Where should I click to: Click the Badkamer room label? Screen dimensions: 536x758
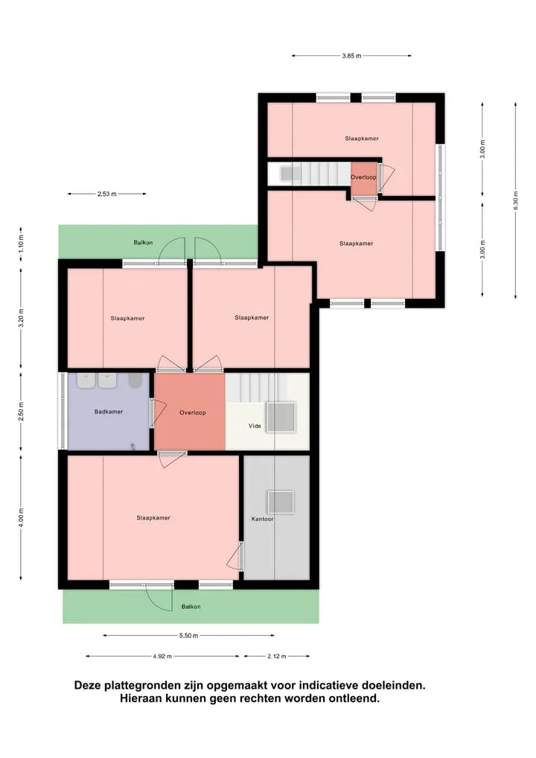pos(109,412)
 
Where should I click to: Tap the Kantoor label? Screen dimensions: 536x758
pos(262,519)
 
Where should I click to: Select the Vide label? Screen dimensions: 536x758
pos(255,426)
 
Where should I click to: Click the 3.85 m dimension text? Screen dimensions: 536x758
pos(351,56)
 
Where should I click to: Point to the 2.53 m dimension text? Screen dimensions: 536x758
pos(106,194)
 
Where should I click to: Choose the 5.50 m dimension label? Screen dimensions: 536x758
pos(189,636)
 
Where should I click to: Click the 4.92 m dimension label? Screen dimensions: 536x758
pos(162,657)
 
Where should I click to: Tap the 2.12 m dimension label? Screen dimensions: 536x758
pos(277,657)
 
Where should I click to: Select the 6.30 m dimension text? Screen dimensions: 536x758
pos(516,200)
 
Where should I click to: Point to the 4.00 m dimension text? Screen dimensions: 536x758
pos(21,517)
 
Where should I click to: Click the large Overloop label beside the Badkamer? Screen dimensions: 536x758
pos(193,413)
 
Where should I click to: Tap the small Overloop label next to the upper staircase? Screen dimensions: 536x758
pos(363,177)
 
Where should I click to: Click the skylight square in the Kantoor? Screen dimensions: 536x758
pos(281,502)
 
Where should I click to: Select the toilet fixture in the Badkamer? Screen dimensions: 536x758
pos(135,380)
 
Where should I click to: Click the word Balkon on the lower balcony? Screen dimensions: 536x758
pos(191,607)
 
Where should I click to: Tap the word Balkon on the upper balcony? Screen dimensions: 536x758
pos(144,243)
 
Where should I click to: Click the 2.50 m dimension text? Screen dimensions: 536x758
pos(21,411)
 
